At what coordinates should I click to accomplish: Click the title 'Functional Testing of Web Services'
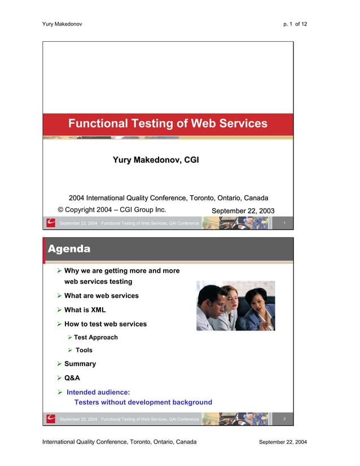pyautogui.click(x=168, y=124)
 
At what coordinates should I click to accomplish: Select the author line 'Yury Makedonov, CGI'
pyautogui.click(x=156, y=161)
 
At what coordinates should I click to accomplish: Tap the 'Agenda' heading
pyautogui.click(x=69, y=249)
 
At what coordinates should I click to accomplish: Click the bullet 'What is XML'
pyautogui.click(x=85, y=310)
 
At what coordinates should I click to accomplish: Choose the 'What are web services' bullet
pyautogui.click(x=101, y=296)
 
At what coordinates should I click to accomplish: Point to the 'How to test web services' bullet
pyautogui.click(x=105, y=324)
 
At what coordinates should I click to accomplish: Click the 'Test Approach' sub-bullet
pyautogui.click(x=95, y=337)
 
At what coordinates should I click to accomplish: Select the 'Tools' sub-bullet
pyautogui.click(x=84, y=350)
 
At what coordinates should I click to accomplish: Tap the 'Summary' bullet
pyautogui.click(x=80, y=364)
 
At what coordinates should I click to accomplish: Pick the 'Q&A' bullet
pyautogui.click(x=72, y=378)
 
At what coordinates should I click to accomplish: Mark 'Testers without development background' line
pyautogui.click(x=143, y=402)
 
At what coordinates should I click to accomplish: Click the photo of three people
pyautogui.click(x=235, y=306)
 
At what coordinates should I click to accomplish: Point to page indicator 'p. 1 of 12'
pyautogui.click(x=296, y=23)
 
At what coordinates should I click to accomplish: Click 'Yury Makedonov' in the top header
pyautogui.click(x=63, y=23)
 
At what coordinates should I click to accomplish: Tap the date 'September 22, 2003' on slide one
pyautogui.click(x=243, y=211)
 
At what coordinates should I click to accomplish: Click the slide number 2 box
pyautogui.click(x=286, y=419)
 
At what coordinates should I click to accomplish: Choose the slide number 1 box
pyautogui.click(x=286, y=224)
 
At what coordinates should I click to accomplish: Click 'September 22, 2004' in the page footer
pyautogui.click(x=283, y=442)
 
